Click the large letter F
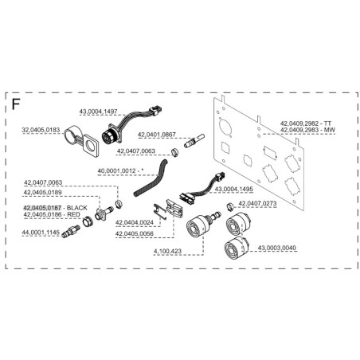click(x=16, y=104)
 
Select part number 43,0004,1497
click(x=98, y=112)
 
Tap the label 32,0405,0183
click(x=41, y=130)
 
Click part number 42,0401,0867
click(x=156, y=135)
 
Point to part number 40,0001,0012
click(x=116, y=171)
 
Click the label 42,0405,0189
click(x=43, y=192)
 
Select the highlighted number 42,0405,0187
click(x=42, y=208)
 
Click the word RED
click(x=73, y=214)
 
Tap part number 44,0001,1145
click(x=41, y=233)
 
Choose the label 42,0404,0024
click(x=135, y=222)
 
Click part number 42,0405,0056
click(x=135, y=234)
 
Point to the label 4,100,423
click(x=167, y=251)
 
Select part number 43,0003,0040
click(x=277, y=248)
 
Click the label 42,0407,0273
click(x=257, y=204)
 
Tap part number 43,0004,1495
click(x=234, y=189)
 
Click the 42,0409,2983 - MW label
click(x=307, y=130)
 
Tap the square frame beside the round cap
click(x=92, y=145)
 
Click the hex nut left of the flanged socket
click(x=87, y=221)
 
